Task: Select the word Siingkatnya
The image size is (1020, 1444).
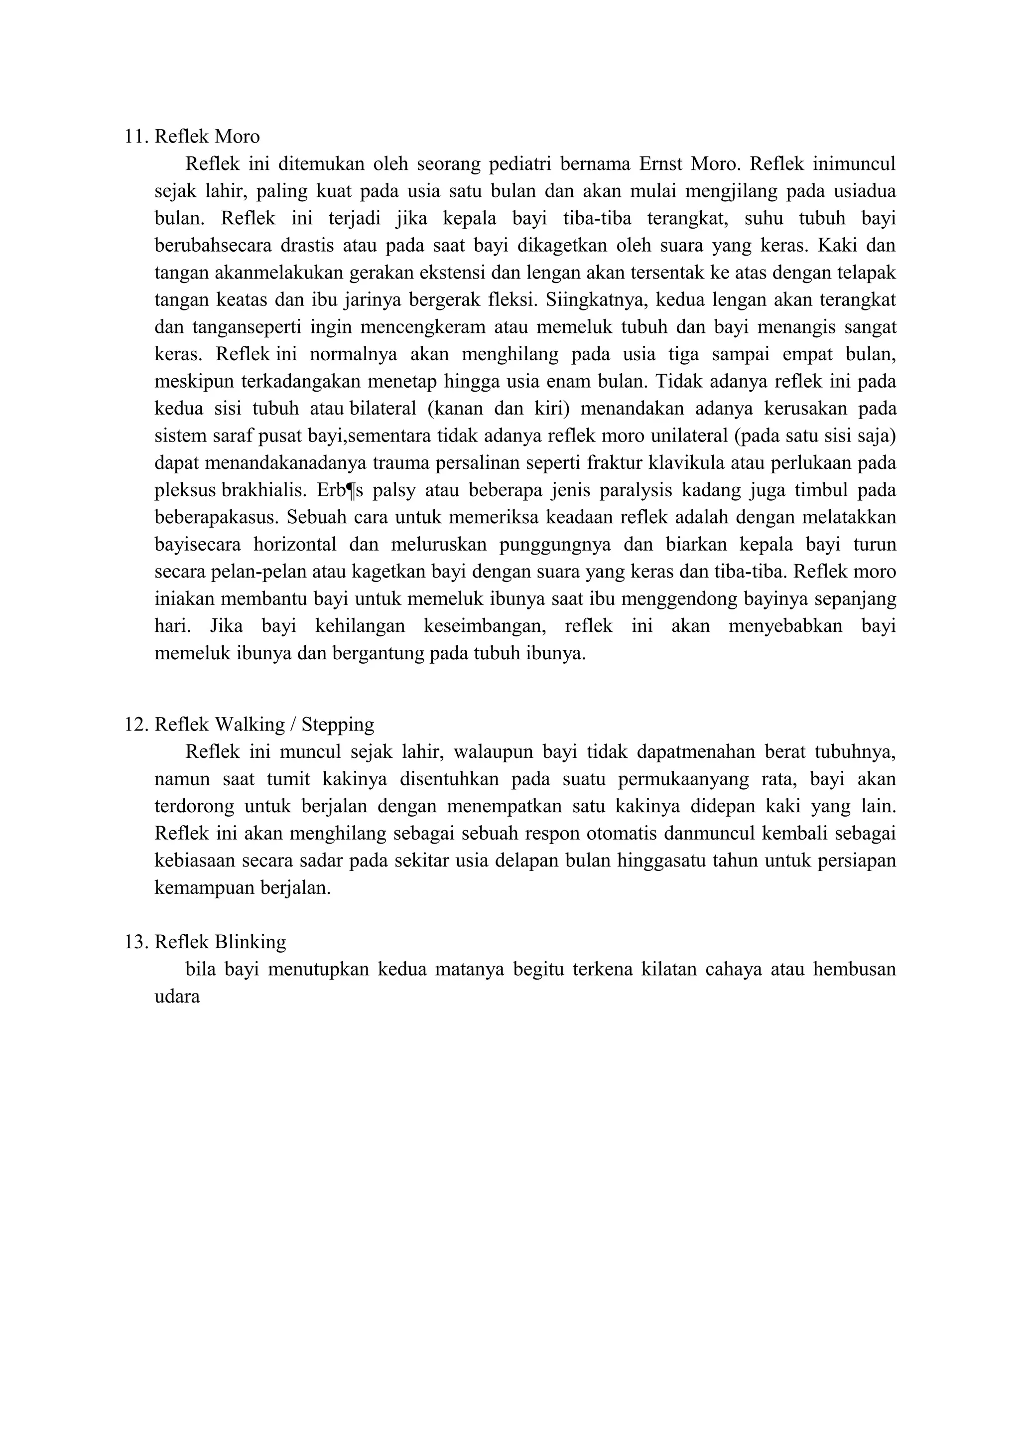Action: click(x=597, y=300)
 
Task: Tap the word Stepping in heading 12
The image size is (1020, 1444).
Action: click(x=338, y=724)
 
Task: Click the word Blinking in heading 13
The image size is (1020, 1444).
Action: click(x=250, y=942)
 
